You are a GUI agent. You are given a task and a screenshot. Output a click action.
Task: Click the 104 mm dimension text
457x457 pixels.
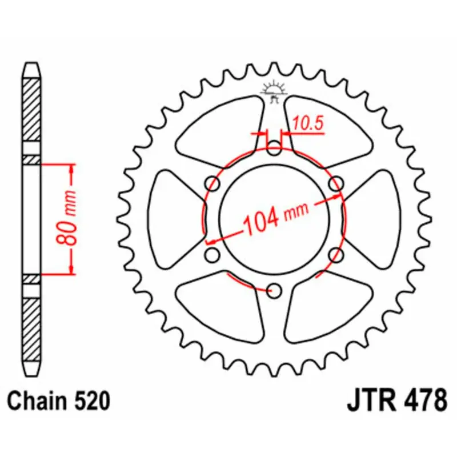coord(274,216)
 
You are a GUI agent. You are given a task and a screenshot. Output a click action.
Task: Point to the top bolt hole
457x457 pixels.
coord(275,150)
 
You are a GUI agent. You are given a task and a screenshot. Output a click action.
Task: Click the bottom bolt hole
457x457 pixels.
coord(275,290)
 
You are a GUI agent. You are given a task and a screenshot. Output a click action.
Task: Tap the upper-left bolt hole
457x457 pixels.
coord(214,185)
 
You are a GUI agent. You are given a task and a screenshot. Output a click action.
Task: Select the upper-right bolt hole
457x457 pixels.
coord(336,185)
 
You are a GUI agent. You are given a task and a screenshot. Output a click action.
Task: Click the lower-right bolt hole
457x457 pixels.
coord(336,255)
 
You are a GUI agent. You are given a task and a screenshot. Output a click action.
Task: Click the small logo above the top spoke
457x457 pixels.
coord(274,90)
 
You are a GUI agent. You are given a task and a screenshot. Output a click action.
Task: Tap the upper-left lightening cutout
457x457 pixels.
coord(221,129)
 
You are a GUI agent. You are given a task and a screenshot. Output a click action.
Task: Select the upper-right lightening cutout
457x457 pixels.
coord(328,129)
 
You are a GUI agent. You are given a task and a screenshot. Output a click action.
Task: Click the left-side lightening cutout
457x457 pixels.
coord(174,220)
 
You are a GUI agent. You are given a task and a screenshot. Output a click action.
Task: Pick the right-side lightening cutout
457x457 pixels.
coord(375,220)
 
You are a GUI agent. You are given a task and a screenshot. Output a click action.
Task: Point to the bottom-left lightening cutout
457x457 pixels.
coord(221,311)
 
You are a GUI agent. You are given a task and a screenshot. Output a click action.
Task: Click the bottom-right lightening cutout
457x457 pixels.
coord(328,311)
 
